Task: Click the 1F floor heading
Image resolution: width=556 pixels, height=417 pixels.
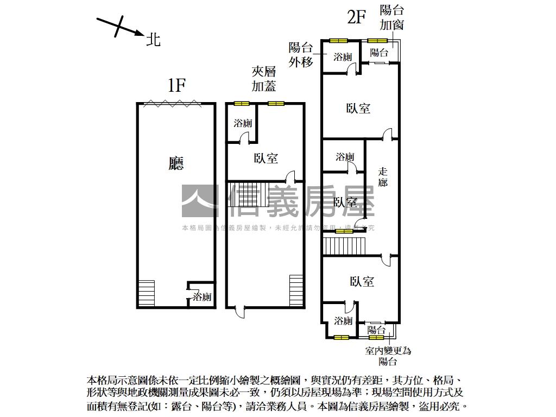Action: point(177,85)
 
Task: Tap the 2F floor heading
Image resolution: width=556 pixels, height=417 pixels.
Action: point(356,17)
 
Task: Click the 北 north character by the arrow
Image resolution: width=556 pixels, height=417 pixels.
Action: point(154,39)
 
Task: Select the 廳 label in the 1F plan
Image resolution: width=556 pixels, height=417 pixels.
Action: point(176,163)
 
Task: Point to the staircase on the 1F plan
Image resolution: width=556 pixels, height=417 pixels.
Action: point(147,293)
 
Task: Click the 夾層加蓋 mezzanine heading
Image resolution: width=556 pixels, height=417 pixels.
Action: point(264,79)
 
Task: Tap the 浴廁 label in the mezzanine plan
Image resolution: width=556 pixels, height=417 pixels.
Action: point(243,123)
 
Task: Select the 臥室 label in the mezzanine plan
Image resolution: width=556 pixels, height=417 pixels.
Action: point(266,159)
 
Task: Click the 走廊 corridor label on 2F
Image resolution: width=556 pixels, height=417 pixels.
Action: point(383,177)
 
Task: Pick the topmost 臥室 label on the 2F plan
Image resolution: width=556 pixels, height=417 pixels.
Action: point(358,108)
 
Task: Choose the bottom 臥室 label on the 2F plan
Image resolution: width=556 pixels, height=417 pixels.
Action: point(362,281)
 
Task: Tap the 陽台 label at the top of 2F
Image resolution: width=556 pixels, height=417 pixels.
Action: point(379,53)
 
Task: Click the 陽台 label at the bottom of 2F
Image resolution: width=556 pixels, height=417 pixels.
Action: point(376,330)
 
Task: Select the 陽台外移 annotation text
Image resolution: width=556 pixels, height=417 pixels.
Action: point(301,54)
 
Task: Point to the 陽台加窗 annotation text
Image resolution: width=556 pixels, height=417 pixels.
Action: point(391,17)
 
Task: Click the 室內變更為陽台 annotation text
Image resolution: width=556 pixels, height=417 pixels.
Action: point(388,356)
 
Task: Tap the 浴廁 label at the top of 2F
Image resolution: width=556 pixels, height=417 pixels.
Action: point(343,56)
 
